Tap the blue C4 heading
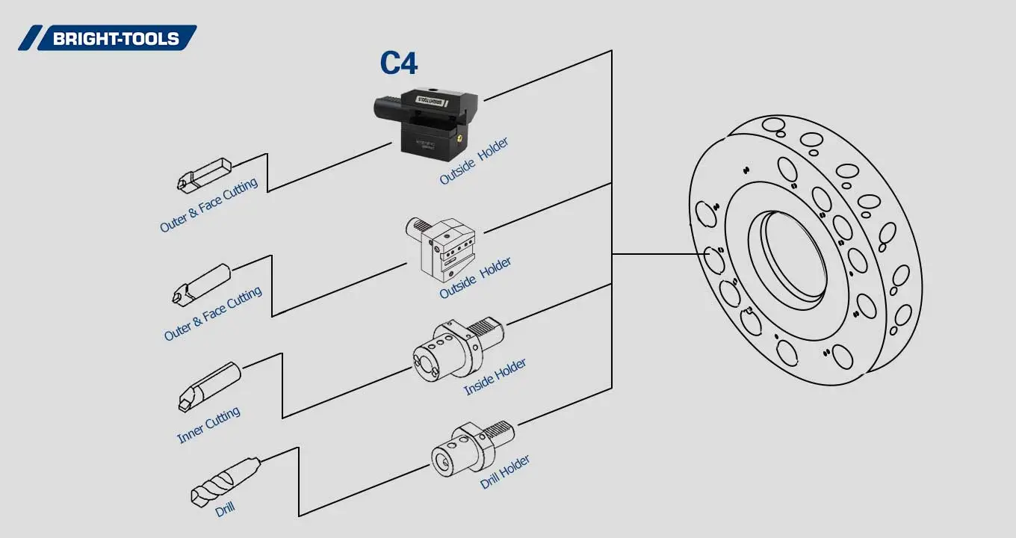tap(398, 64)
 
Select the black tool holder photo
tap(423, 120)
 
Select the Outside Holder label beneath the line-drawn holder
tap(475, 278)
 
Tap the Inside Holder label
tap(495, 377)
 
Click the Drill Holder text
tap(505, 471)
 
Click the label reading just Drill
tap(225, 510)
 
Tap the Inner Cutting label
tap(208, 425)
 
